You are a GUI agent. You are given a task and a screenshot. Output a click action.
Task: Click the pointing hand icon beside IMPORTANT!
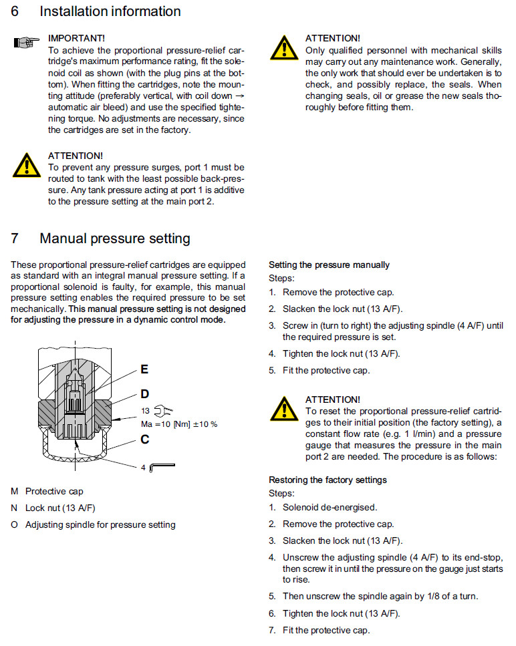coord(25,43)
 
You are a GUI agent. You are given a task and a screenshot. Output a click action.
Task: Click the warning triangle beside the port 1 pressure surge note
coord(25,165)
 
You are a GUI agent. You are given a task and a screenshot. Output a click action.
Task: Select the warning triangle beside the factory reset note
coord(283,409)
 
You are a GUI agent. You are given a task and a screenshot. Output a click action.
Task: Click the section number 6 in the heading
coord(15,11)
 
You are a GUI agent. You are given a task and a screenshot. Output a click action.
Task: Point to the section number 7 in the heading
coord(15,238)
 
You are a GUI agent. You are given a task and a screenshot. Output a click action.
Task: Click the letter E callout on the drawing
coord(144,369)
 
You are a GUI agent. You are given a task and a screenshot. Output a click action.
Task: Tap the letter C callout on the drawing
coord(144,439)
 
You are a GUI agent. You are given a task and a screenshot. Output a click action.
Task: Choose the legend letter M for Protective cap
coord(15,492)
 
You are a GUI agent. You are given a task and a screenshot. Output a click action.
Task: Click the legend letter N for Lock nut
coord(14,508)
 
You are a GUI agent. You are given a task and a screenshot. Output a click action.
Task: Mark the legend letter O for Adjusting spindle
coord(15,524)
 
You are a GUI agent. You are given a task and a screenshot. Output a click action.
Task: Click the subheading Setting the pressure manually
coord(329,265)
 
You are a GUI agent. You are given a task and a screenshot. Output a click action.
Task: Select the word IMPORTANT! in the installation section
coord(76,38)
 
